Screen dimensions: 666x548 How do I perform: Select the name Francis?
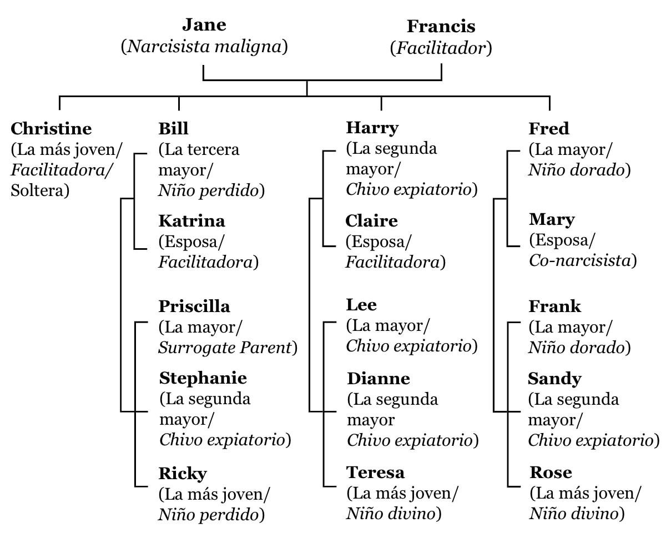coord(441,26)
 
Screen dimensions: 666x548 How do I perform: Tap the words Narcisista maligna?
coord(204,47)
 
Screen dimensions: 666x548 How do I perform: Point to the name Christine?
coord(51,129)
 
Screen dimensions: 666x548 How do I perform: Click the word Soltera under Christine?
coord(37,190)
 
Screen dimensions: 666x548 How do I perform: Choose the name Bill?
coord(173,129)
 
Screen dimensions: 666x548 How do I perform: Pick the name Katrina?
coord(191,221)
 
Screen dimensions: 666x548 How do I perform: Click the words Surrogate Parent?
coord(225,348)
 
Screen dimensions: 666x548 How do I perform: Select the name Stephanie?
coord(203,378)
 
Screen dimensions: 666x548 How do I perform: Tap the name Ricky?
coord(183,474)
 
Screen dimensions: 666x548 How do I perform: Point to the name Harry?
coord(372,128)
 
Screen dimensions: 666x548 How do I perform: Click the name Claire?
coord(371,221)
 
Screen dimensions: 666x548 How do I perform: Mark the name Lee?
coord(361,305)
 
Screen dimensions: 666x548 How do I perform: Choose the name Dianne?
coord(379,379)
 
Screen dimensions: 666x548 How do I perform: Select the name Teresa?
coord(375,472)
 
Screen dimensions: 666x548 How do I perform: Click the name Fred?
coord(549,129)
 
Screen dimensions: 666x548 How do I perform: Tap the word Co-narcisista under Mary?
coord(580,260)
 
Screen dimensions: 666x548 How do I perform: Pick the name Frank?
coord(555,306)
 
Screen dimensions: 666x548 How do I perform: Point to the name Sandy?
coord(554,379)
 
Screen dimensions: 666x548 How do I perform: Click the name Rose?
coord(551,472)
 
